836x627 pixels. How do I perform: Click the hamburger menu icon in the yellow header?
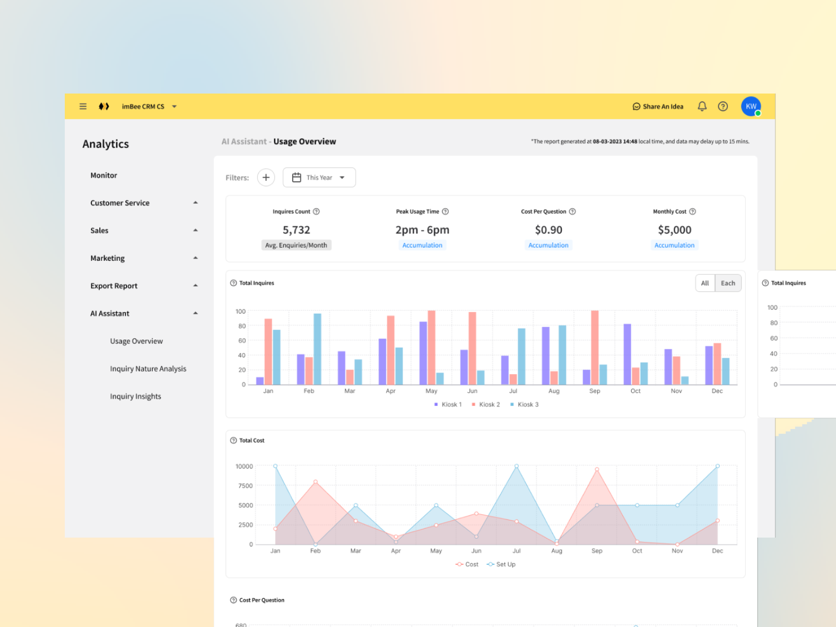(x=83, y=107)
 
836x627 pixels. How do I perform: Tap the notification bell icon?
(x=702, y=107)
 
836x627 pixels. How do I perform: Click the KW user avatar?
(x=751, y=107)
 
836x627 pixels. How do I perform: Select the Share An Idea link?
(x=658, y=107)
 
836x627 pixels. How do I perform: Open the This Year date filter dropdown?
(x=319, y=178)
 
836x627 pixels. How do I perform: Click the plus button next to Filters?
(x=266, y=178)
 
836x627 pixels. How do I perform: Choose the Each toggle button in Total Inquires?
(x=728, y=283)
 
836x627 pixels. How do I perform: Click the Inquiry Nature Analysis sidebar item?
(x=148, y=369)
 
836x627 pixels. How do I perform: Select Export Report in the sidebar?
(x=114, y=286)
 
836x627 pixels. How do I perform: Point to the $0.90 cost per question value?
(x=549, y=230)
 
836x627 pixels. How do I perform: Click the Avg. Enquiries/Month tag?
(x=296, y=245)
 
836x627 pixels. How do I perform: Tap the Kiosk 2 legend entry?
(x=486, y=404)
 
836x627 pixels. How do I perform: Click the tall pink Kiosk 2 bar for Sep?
(x=595, y=347)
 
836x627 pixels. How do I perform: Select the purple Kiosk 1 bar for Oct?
(x=627, y=354)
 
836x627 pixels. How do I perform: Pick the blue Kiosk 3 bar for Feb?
(x=317, y=349)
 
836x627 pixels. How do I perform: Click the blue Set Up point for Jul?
(x=516, y=466)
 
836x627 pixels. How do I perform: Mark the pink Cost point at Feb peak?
(x=315, y=482)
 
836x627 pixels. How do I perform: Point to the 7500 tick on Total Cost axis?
(x=245, y=486)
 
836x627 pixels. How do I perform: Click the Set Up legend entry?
(x=501, y=564)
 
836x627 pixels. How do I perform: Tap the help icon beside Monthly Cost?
(x=692, y=212)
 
